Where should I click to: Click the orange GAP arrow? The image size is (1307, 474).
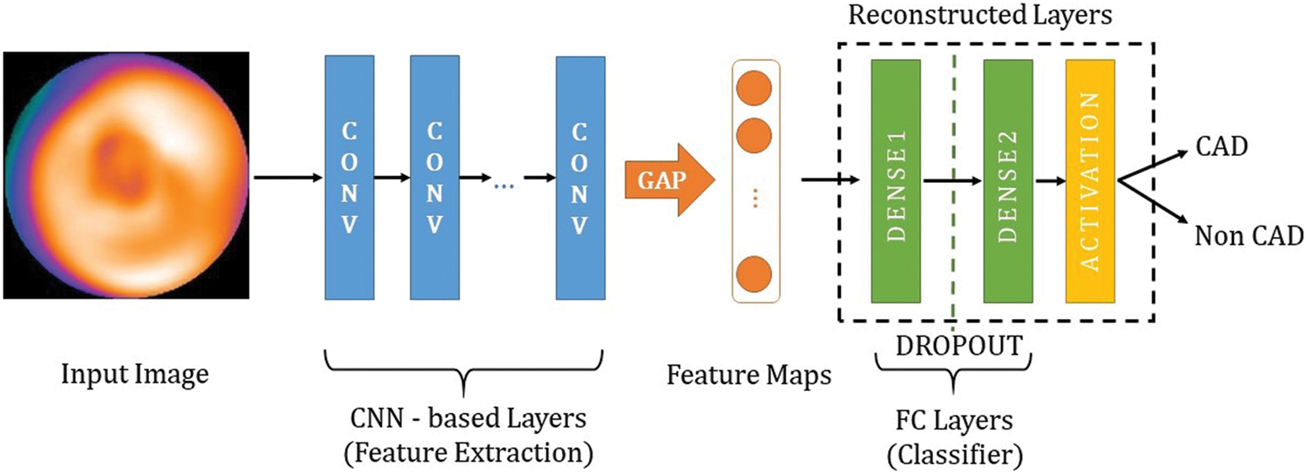(x=670, y=179)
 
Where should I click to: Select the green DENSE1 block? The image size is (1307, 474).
(x=896, y=181)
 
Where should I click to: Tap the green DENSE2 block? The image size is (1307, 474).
(x=1007, y=181)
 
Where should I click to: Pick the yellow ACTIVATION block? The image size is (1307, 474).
(x=1090, y=181)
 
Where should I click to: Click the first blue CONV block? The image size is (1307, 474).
(x=349, y=178)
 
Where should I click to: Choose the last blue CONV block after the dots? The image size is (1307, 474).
(x=580, y=178)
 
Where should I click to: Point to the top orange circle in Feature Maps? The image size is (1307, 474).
(x=754, y=88)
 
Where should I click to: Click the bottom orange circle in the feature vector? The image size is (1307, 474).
(x=754, y=274)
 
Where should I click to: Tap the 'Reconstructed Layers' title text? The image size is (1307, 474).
(x=979, y=15)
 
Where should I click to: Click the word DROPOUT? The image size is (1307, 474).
(x=959, y=345)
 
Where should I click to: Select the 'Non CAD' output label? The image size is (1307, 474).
(x=1249, y=236)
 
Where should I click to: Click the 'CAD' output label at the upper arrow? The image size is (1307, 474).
(x=1222, y=146)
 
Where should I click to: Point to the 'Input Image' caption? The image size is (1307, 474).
(x=135, y=374)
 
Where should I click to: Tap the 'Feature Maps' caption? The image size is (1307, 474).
(x=748, y=375)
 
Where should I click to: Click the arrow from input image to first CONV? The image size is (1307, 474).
(x=288, y=177)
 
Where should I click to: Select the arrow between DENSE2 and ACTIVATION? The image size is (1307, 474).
(x=1050, y=181)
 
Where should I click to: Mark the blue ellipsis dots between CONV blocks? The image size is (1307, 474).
(x=504, y=186)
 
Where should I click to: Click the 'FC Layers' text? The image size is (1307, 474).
(x=955, y=420)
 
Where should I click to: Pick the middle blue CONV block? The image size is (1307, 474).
(x=435, y=178)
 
